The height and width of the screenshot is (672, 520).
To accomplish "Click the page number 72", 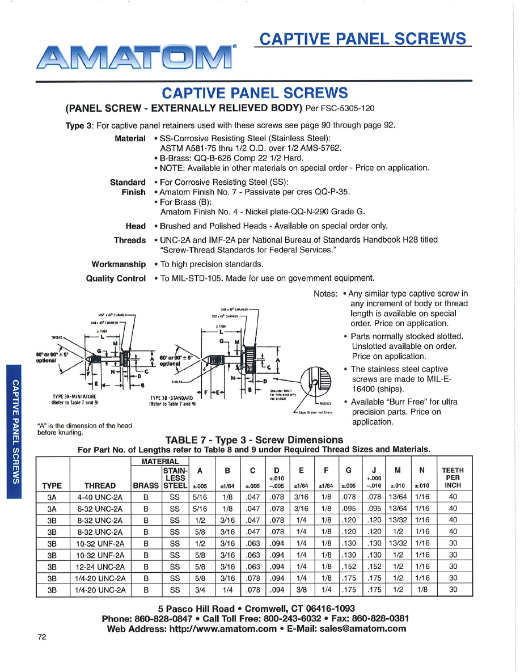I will (x=41, y=637).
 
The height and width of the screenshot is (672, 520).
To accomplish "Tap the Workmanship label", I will (x=119, y=264).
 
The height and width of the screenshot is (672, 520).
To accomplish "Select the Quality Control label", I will (x=116, y=278).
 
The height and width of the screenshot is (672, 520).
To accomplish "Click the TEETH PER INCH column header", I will (x=453, y=477).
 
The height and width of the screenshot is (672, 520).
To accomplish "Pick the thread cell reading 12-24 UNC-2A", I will (x=100, y=566).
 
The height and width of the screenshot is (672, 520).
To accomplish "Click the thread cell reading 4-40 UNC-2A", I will (x=100, y=496).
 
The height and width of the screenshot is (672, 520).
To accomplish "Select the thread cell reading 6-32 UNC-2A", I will (x=100, y=508).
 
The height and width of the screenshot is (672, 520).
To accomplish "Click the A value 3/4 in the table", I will (x=199, y=590).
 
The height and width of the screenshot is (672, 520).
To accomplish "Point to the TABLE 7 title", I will (x=253, y=439).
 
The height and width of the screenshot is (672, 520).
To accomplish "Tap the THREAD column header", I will (x=100, y=485).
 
